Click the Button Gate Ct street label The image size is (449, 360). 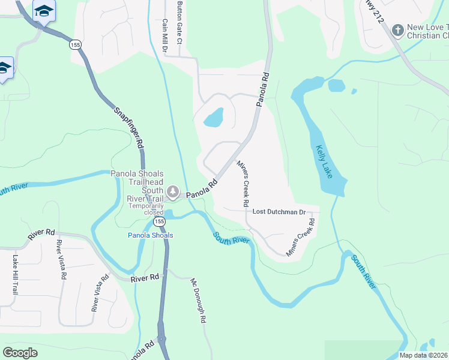point(178,22)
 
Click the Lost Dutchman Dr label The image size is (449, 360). point(279,212)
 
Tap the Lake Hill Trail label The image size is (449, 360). point(15,274)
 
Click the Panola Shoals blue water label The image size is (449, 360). point(150,235)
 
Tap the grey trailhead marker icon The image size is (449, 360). point(173,192)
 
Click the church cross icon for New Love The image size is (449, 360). point(397,30)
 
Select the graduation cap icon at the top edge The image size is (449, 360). point(44,11)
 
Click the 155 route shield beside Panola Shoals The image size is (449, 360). point(158,222)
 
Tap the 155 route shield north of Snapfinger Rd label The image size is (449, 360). point(75,45)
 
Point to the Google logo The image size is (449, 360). point(20,353)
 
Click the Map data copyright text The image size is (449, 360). point(423,355)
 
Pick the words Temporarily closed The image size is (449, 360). point(146,209)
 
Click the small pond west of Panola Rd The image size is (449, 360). point(214,117)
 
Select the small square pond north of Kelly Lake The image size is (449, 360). point(337,85)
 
